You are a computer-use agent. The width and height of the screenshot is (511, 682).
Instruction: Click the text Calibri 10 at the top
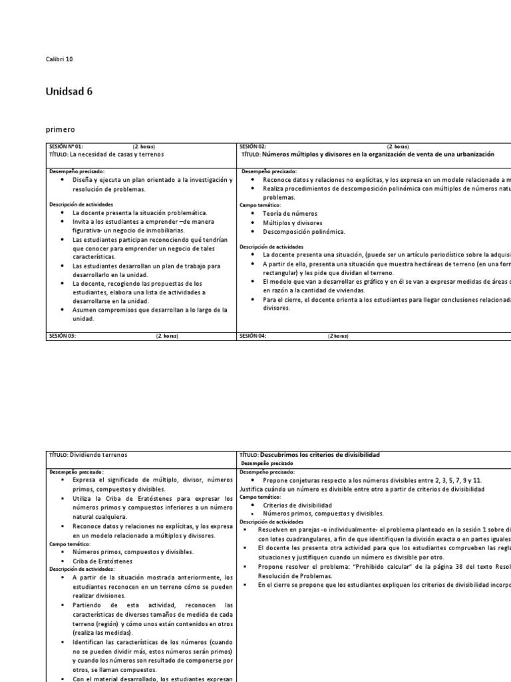tap(59, 59)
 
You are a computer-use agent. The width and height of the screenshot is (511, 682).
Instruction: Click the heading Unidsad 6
tap(69, 93)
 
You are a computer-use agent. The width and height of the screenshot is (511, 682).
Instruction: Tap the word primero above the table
tap(61, 130)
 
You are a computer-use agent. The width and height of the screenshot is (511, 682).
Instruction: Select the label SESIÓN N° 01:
tap(66, 147)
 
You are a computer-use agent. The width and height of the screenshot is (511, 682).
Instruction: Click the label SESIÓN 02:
tap(253, 147)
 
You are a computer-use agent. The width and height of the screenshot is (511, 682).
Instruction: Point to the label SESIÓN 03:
tap(63, 336)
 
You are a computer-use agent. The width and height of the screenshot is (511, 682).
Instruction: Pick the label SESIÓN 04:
tap(253, 336)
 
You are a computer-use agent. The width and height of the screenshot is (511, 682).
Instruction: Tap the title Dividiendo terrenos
tap(97, 455)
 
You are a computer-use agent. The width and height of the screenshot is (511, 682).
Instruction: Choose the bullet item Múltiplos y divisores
tap(293, 222)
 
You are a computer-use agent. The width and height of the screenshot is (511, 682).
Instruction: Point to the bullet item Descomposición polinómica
tap(303, 232)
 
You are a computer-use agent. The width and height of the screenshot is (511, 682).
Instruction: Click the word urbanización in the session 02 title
tap(471, 154)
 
